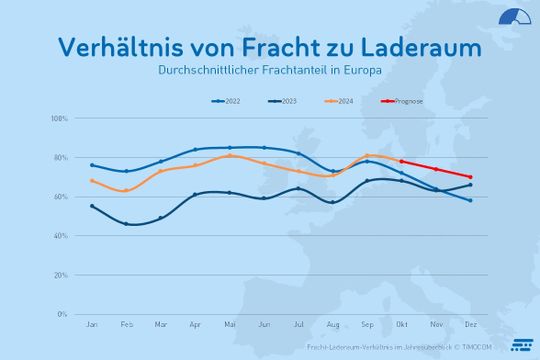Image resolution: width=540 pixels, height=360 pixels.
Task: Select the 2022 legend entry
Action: coord(229,101)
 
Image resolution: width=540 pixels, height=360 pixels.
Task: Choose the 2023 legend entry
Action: coord(286,101)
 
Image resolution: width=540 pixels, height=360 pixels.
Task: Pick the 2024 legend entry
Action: coord(342,101)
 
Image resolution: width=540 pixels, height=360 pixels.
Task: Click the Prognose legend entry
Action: coord(404,101)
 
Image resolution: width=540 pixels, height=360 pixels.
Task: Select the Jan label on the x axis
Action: coord(92,325)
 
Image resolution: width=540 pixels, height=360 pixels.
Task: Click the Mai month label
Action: coord(229,325)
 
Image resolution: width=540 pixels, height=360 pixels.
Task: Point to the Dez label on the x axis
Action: coord(469,325)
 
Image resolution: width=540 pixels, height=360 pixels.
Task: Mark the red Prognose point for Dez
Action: coord(470,177)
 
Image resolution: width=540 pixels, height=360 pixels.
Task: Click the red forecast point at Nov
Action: coord(435,169)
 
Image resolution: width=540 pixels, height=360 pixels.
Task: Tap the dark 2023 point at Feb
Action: coord(126,224)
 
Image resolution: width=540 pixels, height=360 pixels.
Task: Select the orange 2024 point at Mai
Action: coord(229,155)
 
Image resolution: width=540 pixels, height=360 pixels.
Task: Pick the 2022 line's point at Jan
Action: coord(92,165)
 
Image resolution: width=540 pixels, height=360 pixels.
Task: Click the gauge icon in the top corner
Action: coord(514,18)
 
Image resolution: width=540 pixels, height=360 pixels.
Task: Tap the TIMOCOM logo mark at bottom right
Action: coord(520,345)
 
